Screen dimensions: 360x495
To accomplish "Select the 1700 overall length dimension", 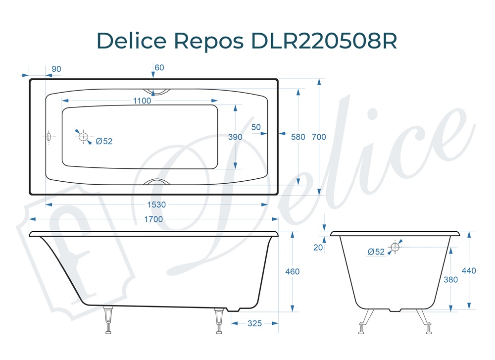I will coord(153,219).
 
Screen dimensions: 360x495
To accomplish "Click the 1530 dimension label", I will coord(156,205).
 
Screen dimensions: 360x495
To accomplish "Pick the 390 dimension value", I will coord(235,137).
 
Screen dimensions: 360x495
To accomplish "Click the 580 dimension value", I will coord(298,137).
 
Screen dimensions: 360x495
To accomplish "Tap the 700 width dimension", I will coord(319,137).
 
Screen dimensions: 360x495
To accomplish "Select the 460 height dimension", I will coord(293,271).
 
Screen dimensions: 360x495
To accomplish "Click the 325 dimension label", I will coord(254,323).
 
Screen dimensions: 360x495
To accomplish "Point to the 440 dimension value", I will coord(469,271).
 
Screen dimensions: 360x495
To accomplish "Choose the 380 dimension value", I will coord(450,279).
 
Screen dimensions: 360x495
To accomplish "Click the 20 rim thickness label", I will coord(318,248).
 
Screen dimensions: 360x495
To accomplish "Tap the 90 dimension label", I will coord(56,69).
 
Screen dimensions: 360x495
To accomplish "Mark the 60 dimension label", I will coord(159,67).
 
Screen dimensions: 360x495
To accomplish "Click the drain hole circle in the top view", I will coord(83,136).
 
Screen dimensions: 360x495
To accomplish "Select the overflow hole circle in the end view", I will coord(395,246).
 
